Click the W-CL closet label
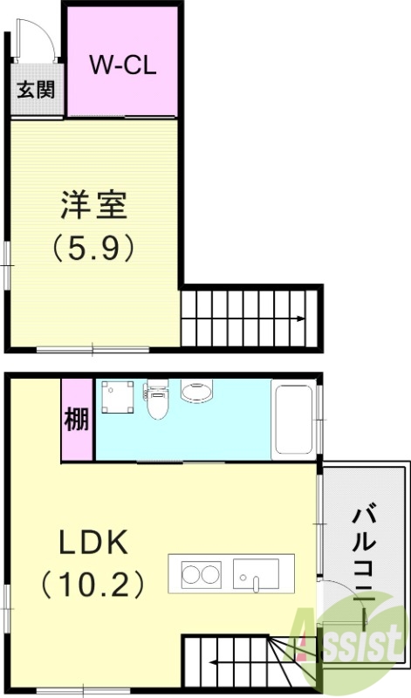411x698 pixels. pos(123,65)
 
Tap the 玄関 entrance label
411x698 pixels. pos(35,90)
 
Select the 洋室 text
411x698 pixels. pos(93,207)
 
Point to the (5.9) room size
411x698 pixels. pos(93,250)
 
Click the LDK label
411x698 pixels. pos(93,543)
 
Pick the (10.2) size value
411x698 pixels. pos(93,584)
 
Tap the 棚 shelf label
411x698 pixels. pos(77,420)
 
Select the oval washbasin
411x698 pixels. pos(197,390)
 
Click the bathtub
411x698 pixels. pos(293,418)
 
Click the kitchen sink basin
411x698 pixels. pos(257,574)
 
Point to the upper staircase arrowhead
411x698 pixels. pos(301,318)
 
